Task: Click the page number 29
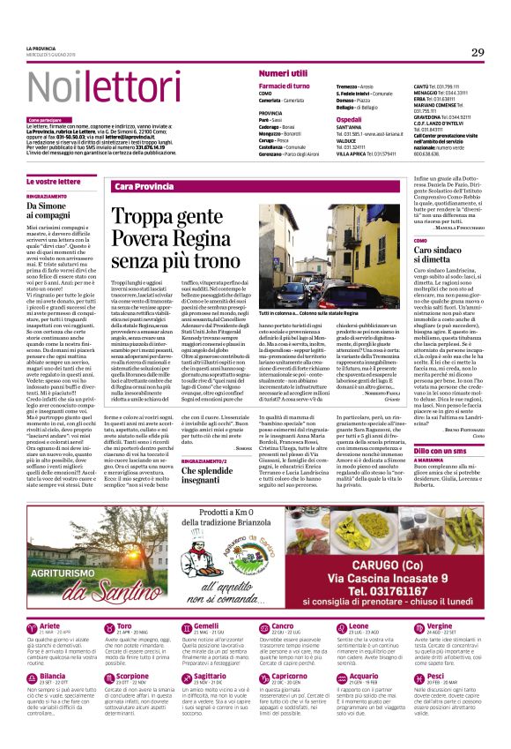[x=477, y=53]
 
